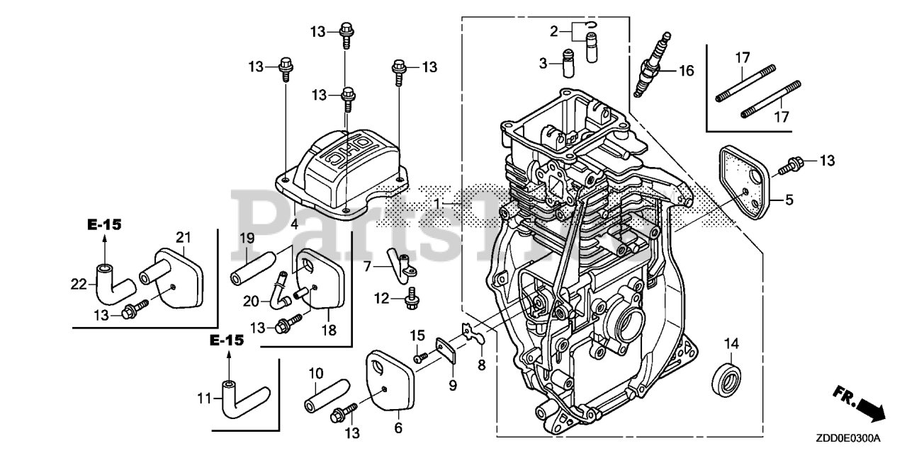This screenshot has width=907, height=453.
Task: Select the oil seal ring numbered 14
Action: click(x=727, y=376)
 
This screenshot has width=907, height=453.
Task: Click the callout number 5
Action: click(x=789, y=200)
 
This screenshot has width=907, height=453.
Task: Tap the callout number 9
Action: click(x=452, y=386)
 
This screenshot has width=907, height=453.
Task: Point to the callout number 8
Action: click(x=481, y=365)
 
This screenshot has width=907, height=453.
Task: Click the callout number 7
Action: click(x=368, y=266)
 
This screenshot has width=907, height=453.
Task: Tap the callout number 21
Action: click(x=184, y=236)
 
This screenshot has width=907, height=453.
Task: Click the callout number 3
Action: click(x=543, y=64)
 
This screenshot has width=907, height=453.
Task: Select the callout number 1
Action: click(x=439, y=202)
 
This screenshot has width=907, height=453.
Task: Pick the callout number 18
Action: click(x=329, y=329)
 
